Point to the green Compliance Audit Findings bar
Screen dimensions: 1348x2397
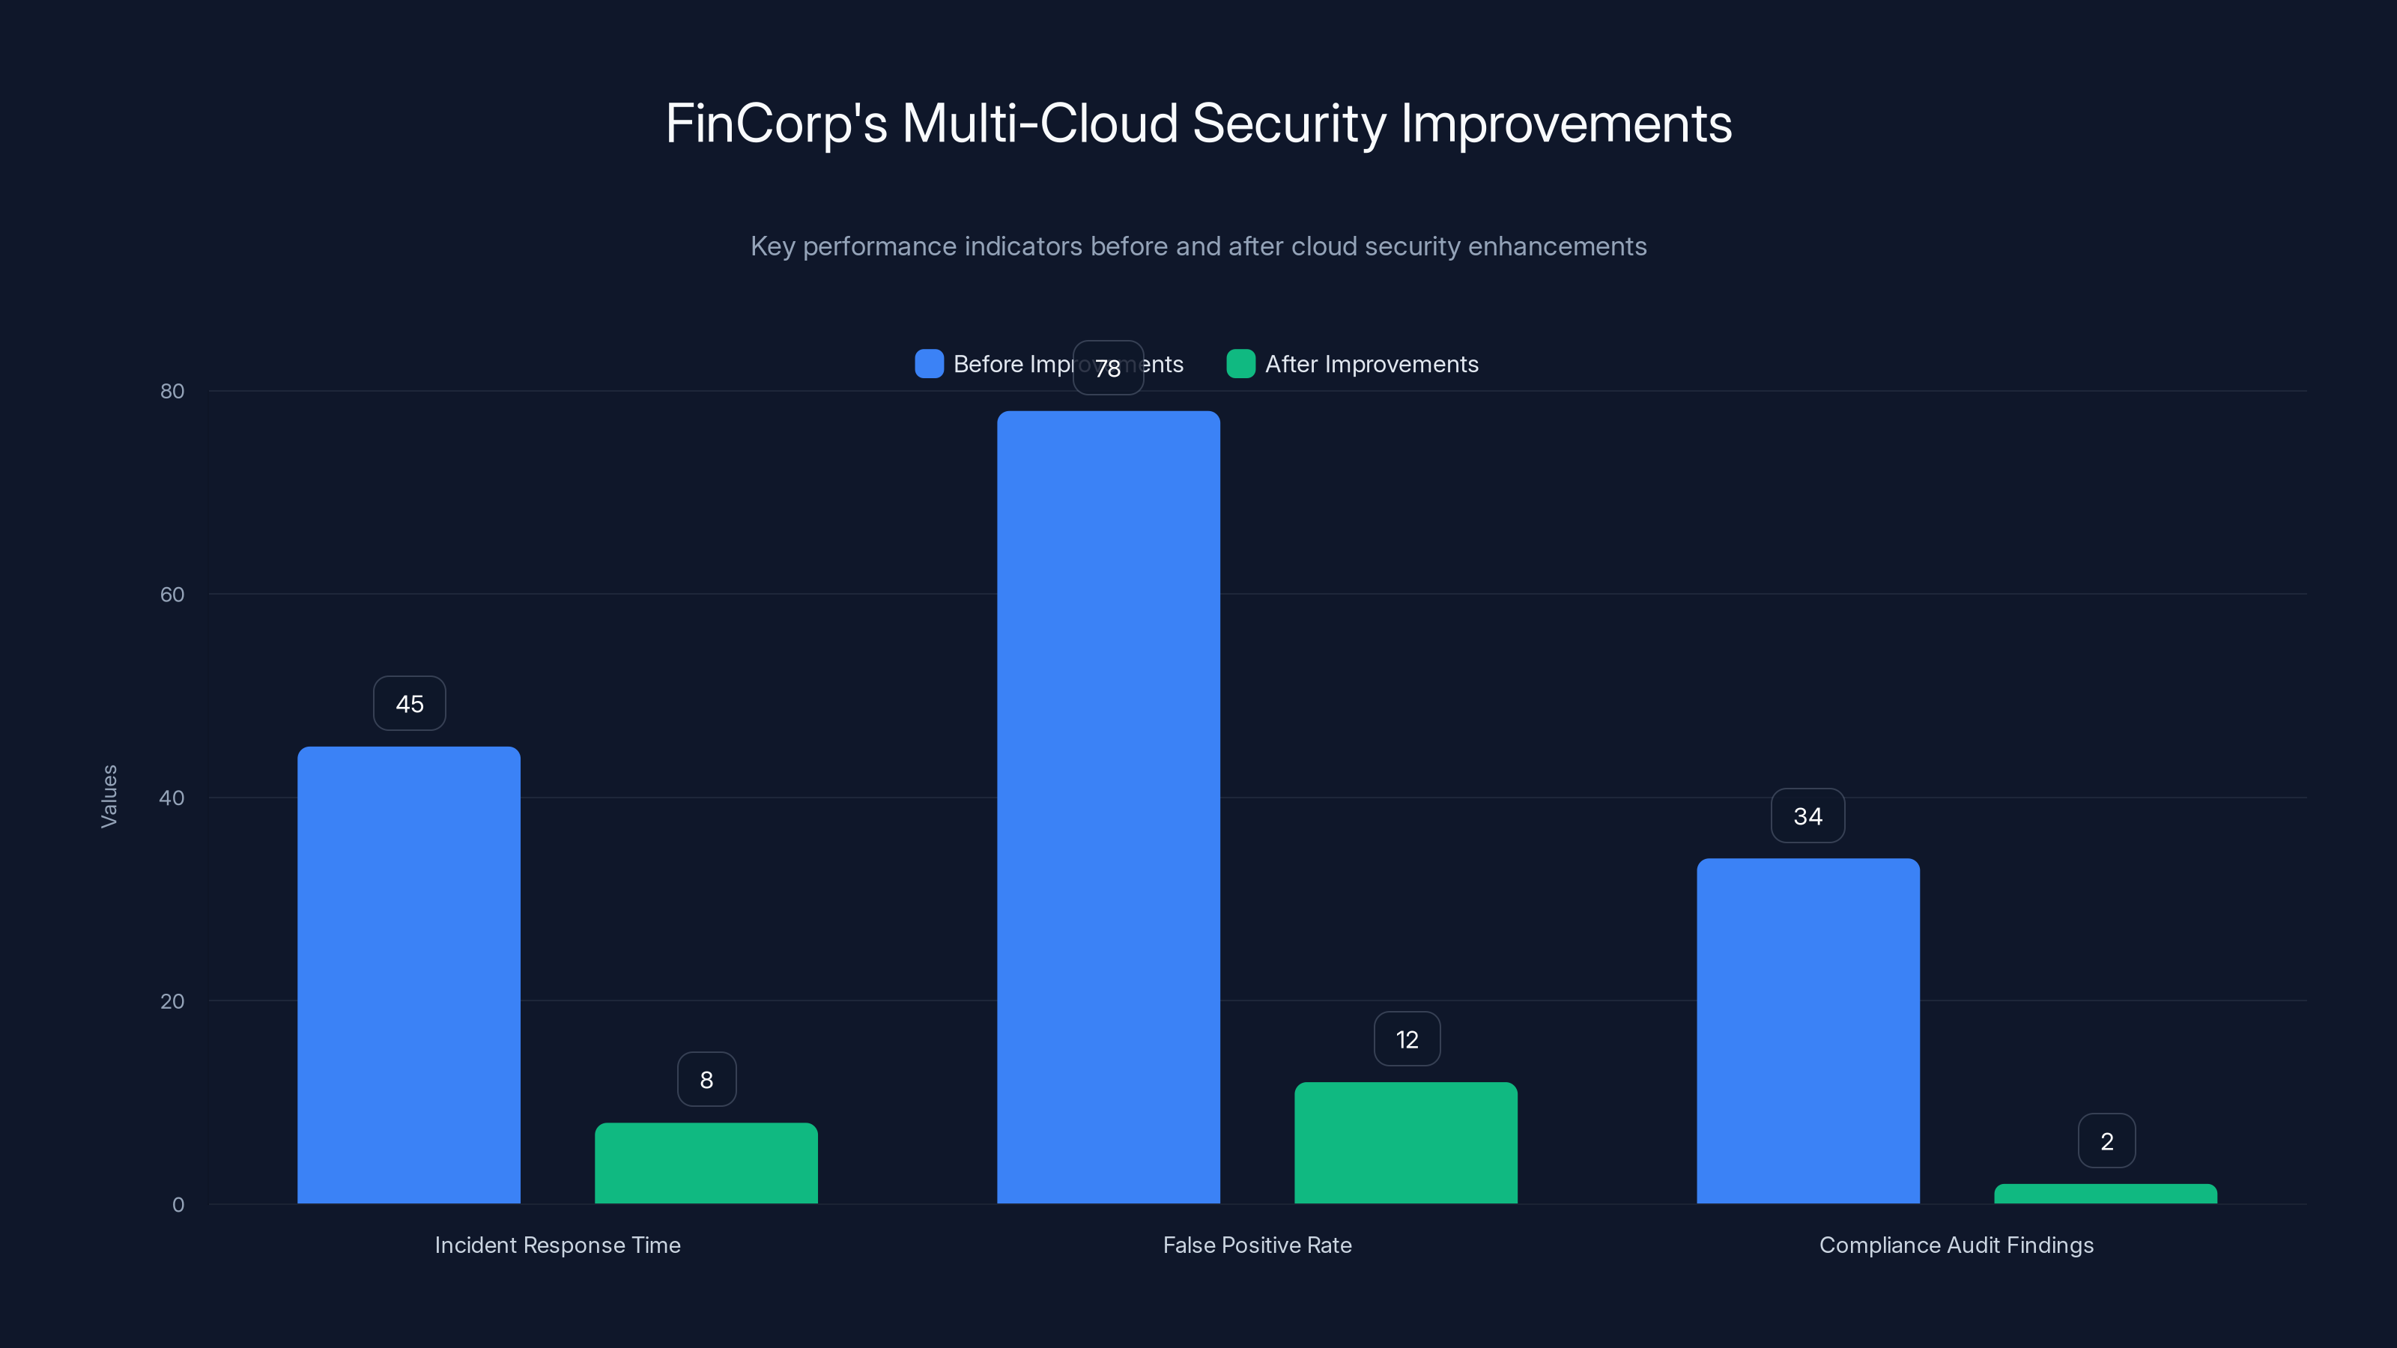pos(2106,1194)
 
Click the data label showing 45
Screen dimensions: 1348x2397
pos(410,703)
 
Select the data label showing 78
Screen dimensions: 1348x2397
pos(1107,368)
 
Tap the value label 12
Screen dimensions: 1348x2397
pos(1407,1039)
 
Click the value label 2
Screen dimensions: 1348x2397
pos(2106,1141)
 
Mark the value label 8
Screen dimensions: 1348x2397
pos(706,1079)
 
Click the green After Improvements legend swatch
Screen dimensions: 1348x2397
pos(1240,364)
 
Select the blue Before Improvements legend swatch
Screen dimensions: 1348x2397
pos(929,364)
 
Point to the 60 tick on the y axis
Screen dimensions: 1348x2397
pos(172,595)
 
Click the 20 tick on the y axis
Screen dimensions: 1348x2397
pos(172,1001)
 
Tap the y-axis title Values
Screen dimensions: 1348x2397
pos(109,796)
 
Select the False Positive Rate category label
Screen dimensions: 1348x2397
pos(1257,1245)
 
